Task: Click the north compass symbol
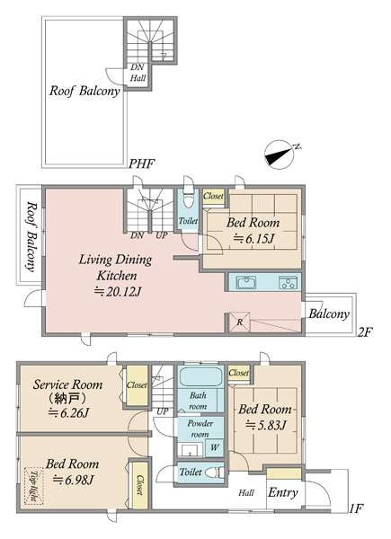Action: tap(280, 155)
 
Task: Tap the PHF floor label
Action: tap(141, 163)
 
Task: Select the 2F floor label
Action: tap(365, 332)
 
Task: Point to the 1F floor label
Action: tap(356, 508)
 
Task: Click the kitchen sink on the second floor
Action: tap(246, 282)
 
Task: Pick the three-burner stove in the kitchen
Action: tap(288, 282)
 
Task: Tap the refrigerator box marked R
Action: tap(240, 323)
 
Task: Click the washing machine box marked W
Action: tap(215, 447)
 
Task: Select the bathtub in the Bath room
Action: tap(200, 377)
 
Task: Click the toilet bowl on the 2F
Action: tap(188, 199)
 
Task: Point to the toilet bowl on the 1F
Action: tap(214, 473)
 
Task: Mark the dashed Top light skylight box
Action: tap(33, 486)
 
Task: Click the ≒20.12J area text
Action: tap(118, 291)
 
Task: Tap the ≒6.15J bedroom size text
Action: tap(253, 238)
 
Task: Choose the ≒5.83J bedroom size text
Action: tap(265, 425)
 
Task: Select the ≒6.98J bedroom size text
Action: tap(73, 479)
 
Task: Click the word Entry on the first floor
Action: tap(282, 492)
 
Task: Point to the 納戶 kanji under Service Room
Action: tap(67, 399)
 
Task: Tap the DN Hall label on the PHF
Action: tap(138, 73)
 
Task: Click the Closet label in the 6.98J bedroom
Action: tap(139, 485)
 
